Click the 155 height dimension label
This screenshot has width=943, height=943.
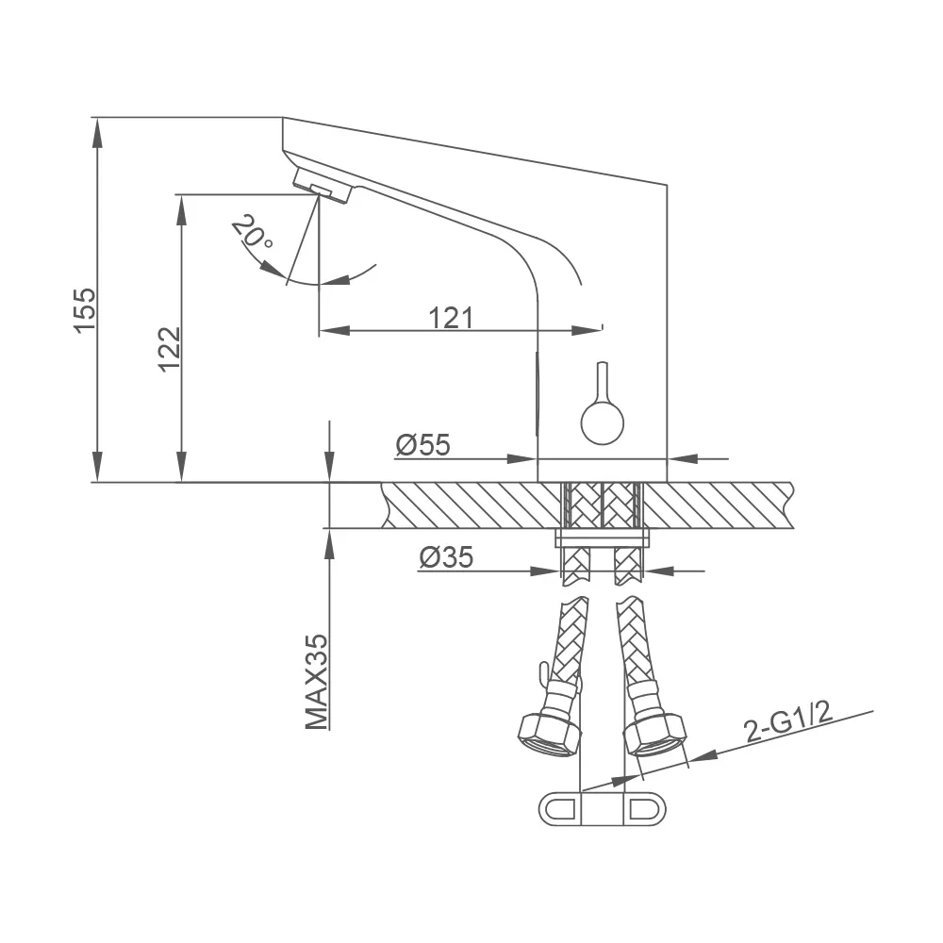coord(85,309)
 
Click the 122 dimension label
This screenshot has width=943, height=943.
coord(170,350)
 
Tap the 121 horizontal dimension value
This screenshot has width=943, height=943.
coord(451,318)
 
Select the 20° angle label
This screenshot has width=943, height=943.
coord(253,232)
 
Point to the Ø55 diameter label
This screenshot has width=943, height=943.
coord(422,445)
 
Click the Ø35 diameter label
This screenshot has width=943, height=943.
coord(446,557)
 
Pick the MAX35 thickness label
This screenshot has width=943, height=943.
coord(317,682)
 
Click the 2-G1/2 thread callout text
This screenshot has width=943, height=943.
coord(787,721)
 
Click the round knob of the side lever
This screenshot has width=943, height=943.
coord(602,423)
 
